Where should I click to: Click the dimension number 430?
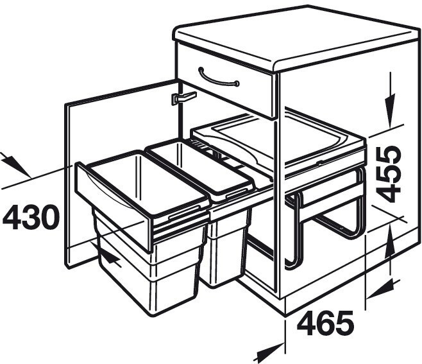(31, 218)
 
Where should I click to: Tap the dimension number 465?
(325, 325)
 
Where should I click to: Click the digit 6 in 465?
(325, 325)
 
